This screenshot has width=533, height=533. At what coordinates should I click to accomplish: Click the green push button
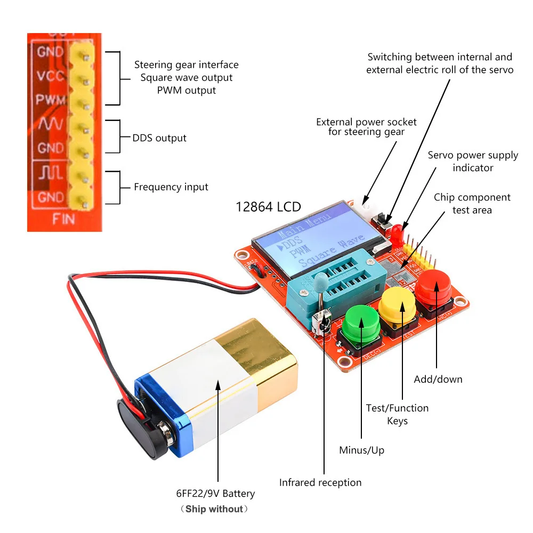point(361,323)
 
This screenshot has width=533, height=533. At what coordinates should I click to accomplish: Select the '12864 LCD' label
point(268,207)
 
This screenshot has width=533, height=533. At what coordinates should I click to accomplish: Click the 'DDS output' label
point(159,138)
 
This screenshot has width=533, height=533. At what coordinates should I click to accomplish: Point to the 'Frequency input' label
point(171,187)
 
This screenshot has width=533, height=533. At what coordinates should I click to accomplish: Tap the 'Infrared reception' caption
point(320,482)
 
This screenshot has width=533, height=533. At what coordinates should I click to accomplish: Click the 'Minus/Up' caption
point(361,450)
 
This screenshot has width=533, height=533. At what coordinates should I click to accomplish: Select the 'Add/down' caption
point(438,379)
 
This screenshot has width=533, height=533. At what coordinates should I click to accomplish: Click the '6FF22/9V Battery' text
point(216,494)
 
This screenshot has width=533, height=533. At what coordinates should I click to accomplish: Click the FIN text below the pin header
point(63,219)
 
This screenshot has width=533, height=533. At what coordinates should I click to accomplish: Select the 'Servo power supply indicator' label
point(473,161)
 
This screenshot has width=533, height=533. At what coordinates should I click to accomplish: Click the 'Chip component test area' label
point(472,204)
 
